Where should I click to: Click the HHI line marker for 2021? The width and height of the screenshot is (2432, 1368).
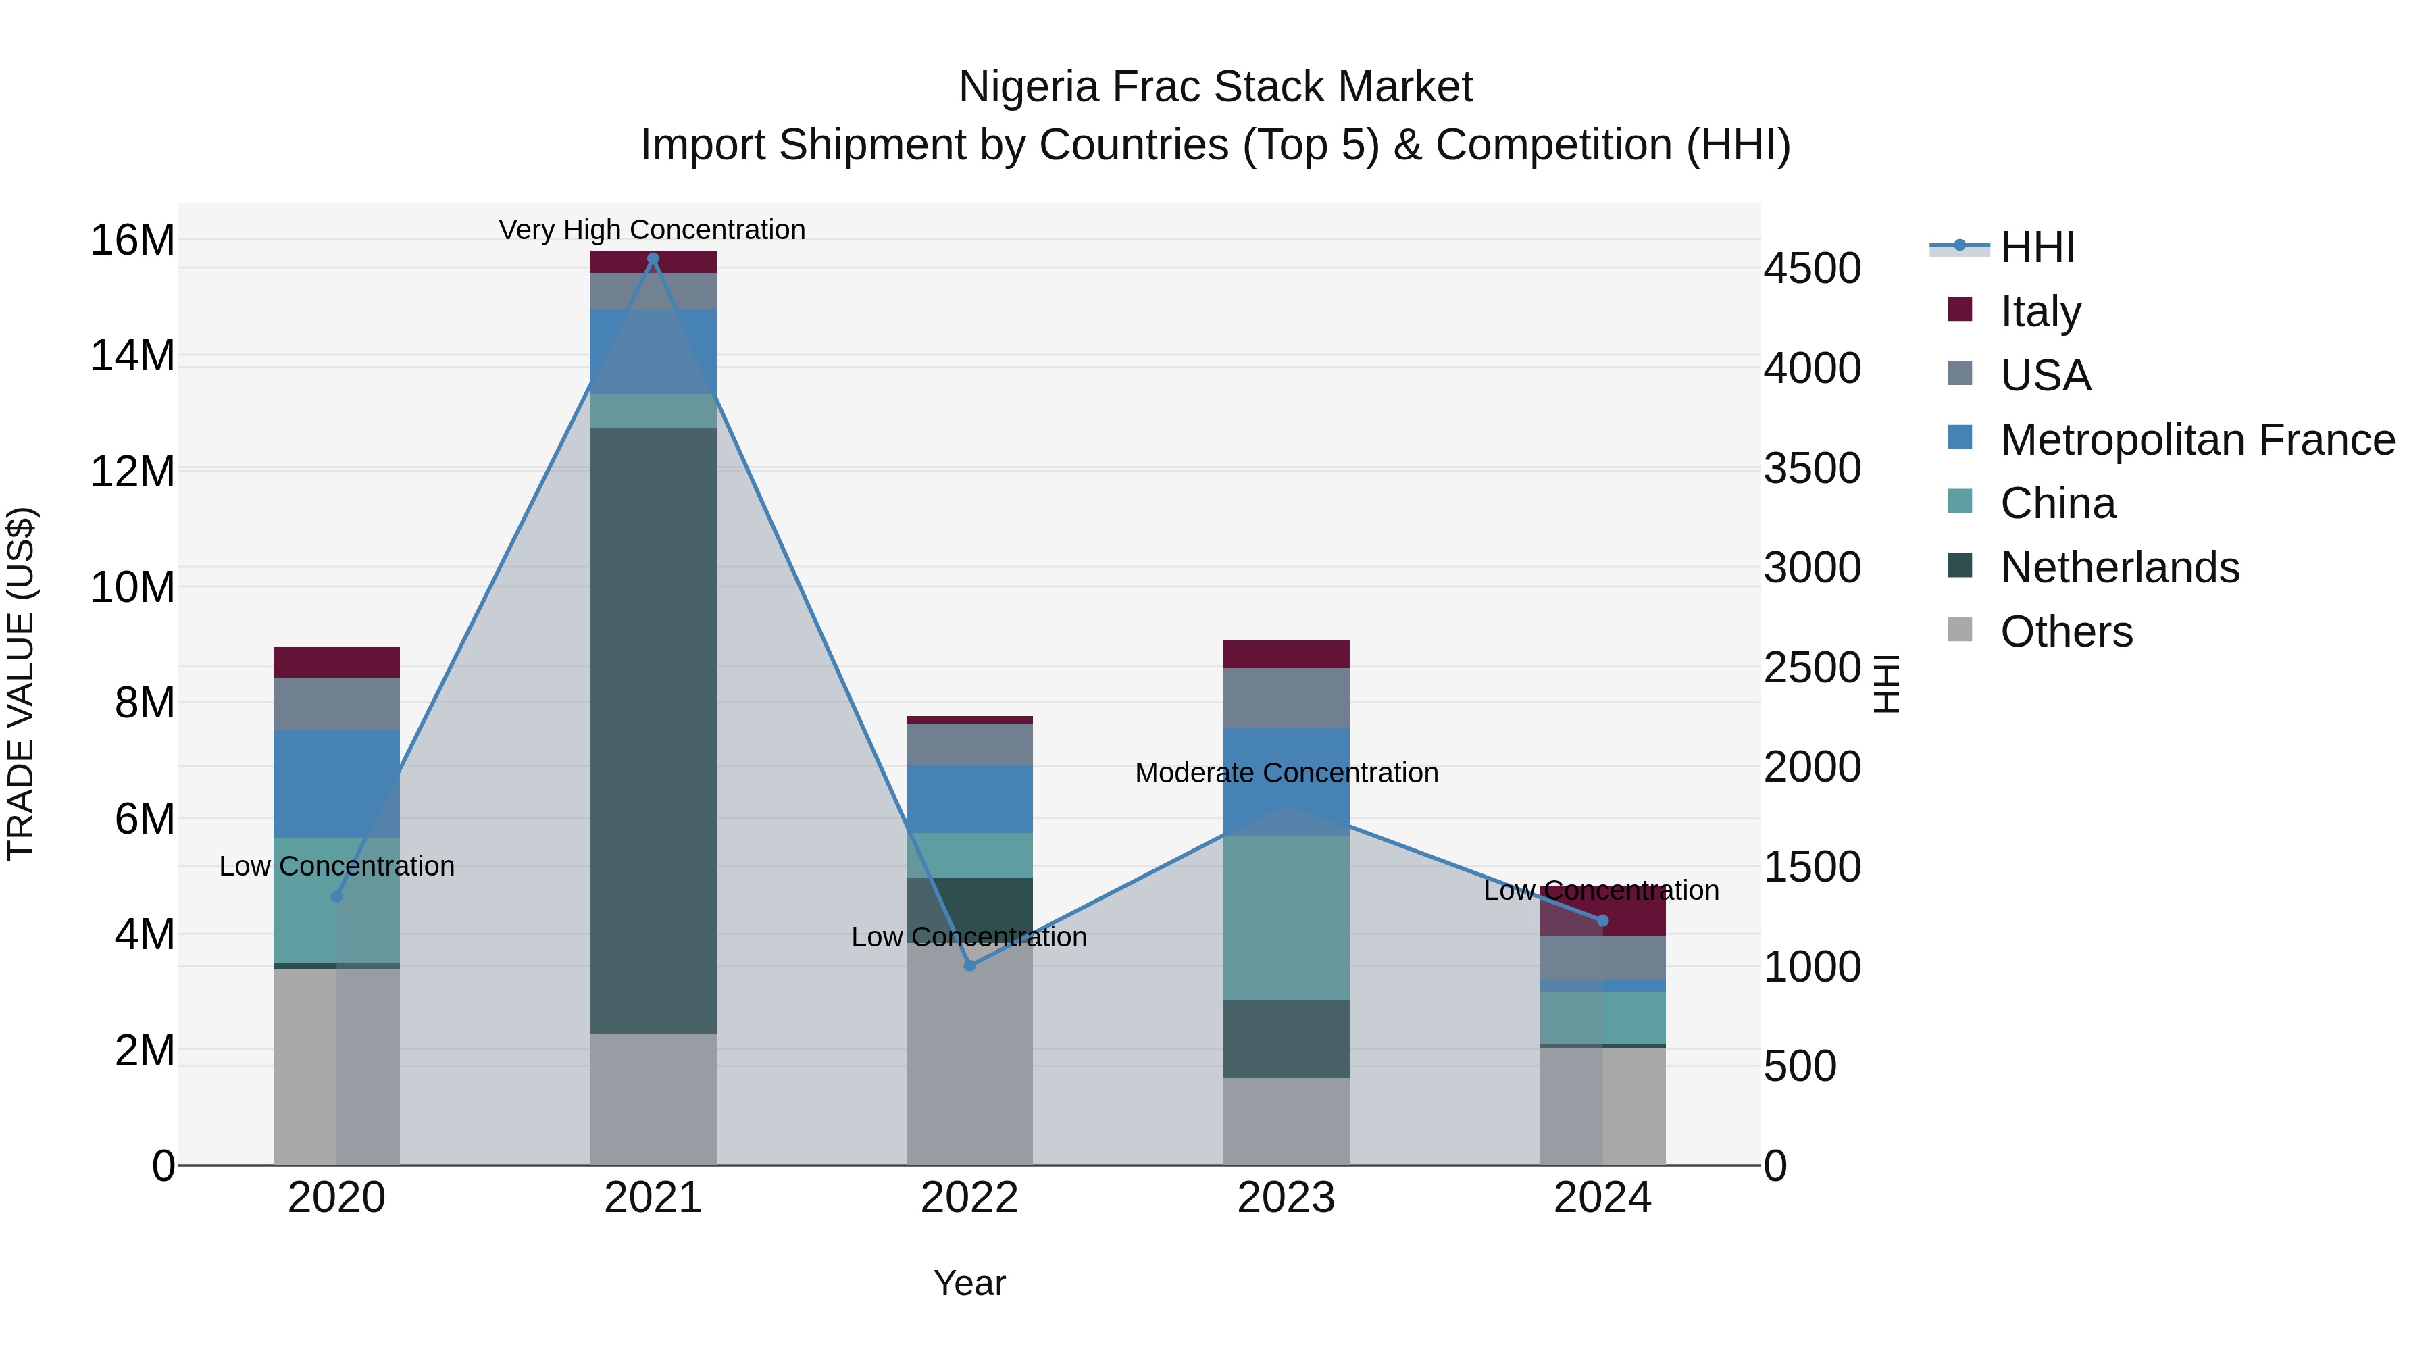tap(653, 259)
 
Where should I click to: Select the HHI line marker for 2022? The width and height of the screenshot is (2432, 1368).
tap(969, 966)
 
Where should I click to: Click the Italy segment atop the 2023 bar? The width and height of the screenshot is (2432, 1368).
tap(1286, 654)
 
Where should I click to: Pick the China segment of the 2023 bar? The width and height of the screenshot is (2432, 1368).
tap(1286, 917)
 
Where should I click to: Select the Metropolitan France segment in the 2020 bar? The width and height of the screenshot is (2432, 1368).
tap(336, 783)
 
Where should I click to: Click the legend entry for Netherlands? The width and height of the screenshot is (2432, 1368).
tap(2119, 567)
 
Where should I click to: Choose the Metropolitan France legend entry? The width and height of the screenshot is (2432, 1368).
tap(2196, 440)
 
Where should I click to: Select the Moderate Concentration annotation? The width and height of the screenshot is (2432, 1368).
tap(1286, 772)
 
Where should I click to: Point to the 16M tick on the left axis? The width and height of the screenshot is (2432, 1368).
tap(132, 240)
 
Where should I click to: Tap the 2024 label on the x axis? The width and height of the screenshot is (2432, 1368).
tap(1602, 1198)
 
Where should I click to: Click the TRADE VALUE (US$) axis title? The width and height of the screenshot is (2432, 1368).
tap(21, 684)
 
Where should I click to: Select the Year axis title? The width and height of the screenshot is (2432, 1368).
tap(969, 1283)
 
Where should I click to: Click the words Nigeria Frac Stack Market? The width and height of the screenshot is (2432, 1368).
tap(1215, 87)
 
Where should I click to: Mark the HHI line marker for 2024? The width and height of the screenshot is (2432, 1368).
tap(1602, 921)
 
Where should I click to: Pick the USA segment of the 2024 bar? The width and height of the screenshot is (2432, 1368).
tap(1602, 957)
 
